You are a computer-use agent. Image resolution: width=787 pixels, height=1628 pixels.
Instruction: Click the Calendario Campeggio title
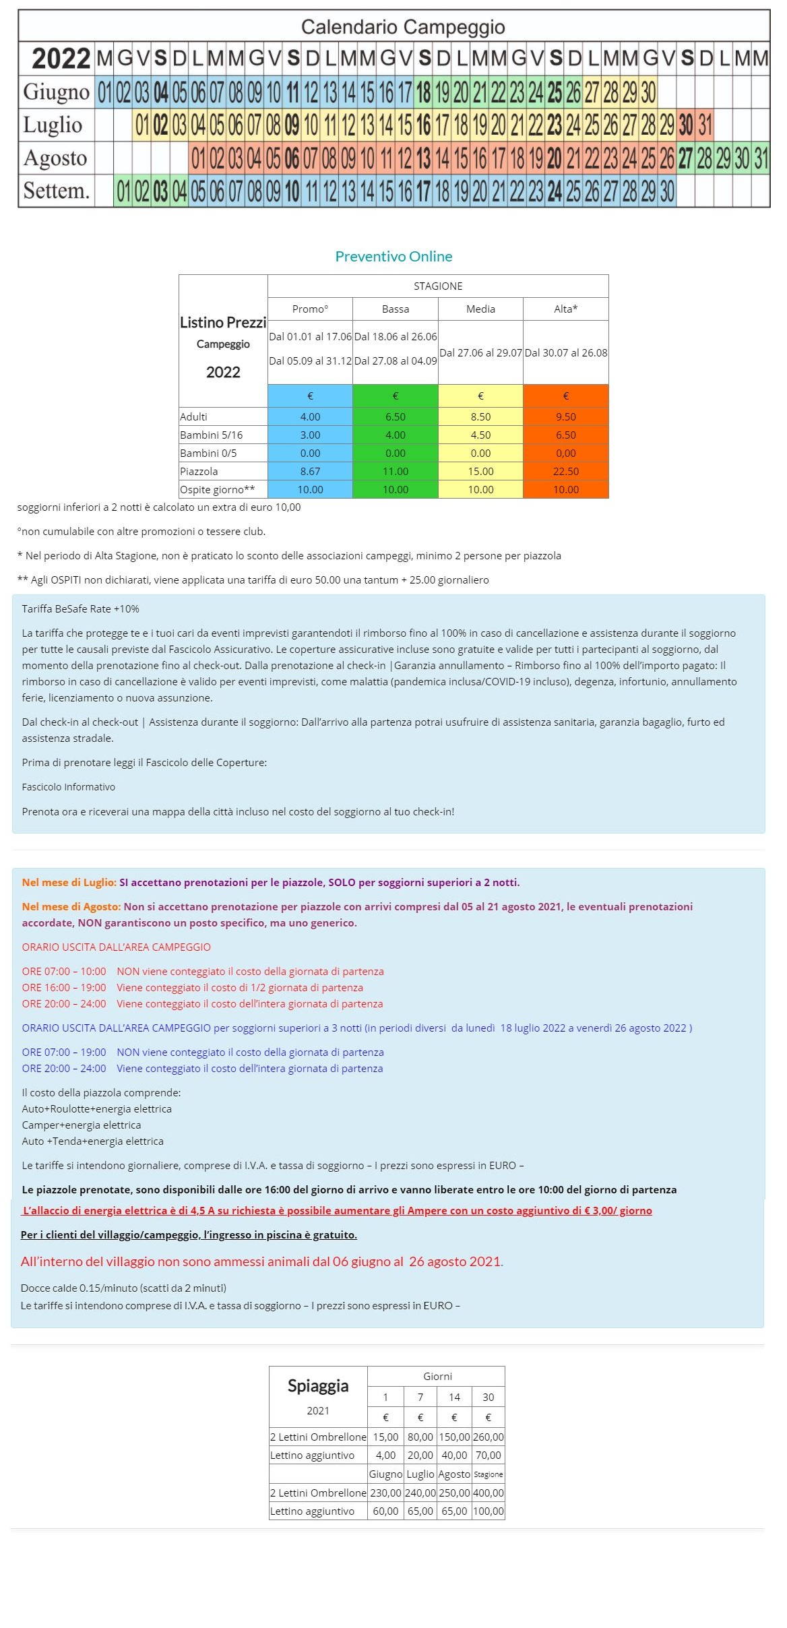[403, 27]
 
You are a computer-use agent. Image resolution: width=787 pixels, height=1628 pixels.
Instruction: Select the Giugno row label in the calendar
[56, 92]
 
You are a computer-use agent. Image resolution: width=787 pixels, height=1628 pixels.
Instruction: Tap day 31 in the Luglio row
[705, 125]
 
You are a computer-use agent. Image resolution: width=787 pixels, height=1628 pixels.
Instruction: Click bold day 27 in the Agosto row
[685, 158]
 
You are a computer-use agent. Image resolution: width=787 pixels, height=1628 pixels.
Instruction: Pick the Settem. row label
[56, 191]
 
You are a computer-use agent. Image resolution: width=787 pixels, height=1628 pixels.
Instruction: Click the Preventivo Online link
[393, 257]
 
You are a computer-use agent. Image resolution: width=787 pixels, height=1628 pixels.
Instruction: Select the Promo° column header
[310, 309]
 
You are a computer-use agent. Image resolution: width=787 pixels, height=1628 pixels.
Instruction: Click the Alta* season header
[565, 309]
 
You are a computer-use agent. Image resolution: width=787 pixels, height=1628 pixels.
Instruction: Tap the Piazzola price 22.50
[565, 472]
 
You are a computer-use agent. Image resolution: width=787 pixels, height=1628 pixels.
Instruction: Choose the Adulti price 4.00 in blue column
[310, 417]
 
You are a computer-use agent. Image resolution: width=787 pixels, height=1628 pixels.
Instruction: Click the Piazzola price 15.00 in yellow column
[480, 472]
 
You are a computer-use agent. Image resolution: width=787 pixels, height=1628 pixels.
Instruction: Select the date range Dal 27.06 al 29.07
[480, 352]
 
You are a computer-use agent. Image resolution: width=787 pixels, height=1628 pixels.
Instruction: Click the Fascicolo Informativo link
[68, 787]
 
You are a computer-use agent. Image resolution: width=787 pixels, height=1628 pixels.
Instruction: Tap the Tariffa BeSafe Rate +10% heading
[80, 609]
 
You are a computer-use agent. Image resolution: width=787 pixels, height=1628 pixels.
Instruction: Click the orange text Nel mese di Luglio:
[69, 883]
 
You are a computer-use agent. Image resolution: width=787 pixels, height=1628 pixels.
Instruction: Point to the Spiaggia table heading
[318, 1386]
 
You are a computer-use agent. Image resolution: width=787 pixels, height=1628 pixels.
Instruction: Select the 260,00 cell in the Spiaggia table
[489, 1437]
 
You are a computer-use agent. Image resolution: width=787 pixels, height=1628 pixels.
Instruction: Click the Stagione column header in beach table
[489, 1474]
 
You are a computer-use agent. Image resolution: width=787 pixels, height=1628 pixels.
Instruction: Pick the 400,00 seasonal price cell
[489, 1493]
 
